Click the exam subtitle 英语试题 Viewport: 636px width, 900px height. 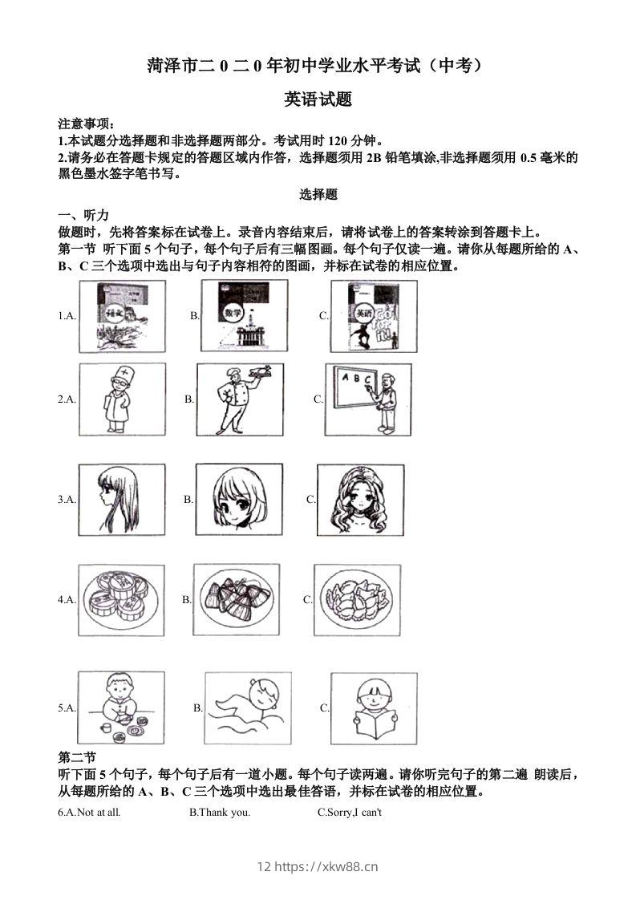[x=318, y=99]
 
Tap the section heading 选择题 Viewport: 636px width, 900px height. [x=318, y=194]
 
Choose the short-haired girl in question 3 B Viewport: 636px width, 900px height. [x=238, y=499]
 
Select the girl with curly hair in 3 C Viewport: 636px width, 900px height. [x=360, y=499]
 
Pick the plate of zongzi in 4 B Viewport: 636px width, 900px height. [x=237, y=599]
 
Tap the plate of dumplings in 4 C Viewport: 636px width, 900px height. [x=357, y=599]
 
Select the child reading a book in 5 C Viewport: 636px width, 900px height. [x=374, y=707]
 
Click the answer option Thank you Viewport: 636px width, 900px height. [x=220, y=813]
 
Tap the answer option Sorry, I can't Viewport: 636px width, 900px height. [x=350, y=813]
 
